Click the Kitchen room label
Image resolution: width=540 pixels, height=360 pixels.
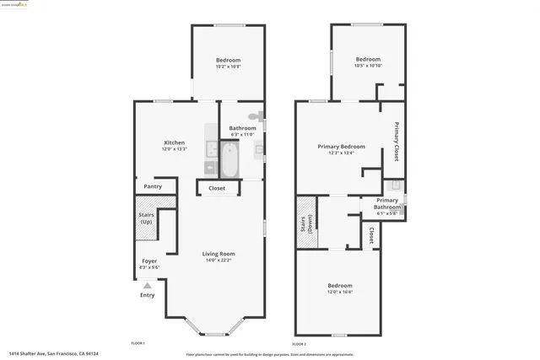pos(174,142)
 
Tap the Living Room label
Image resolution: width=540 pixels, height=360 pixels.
pos(218,254)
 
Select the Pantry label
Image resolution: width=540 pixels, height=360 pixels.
pos(153,186)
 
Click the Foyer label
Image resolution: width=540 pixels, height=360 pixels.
pos(148,261)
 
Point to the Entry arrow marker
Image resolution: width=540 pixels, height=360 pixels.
pos(148,286)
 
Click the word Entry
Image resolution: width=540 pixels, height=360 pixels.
pos(148,295)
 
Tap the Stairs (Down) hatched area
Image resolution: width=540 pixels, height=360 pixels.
pos(305,223)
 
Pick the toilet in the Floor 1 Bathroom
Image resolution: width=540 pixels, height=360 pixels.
pos(253,117)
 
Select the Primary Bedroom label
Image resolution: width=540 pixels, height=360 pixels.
pos(341,147)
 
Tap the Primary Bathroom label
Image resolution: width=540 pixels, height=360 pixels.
pos(387,203)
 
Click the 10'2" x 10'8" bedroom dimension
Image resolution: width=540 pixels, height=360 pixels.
pos(228,67)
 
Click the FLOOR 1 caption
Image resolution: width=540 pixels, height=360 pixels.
pos(138,343)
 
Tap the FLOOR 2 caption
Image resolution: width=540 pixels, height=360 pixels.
pos(300,344)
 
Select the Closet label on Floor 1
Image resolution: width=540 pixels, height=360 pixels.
pos(217,188)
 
